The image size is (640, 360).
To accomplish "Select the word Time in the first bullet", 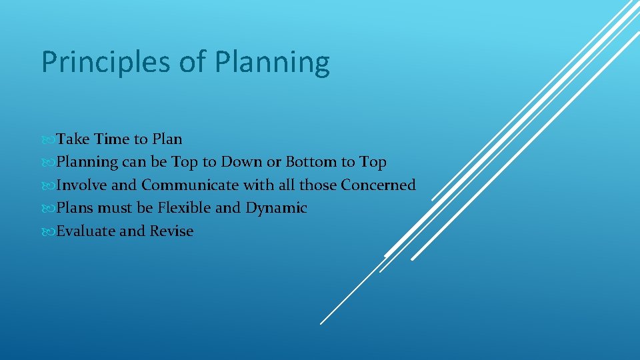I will [112, 139].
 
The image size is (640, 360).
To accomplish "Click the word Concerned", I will [378, 185].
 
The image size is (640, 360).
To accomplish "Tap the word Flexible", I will [184, 208].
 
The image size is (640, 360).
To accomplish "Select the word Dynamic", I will [276, 209].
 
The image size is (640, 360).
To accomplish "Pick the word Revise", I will [171, 231].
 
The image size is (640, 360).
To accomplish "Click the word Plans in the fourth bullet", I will [75, 208].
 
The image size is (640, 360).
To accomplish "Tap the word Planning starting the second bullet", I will [87, 163].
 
